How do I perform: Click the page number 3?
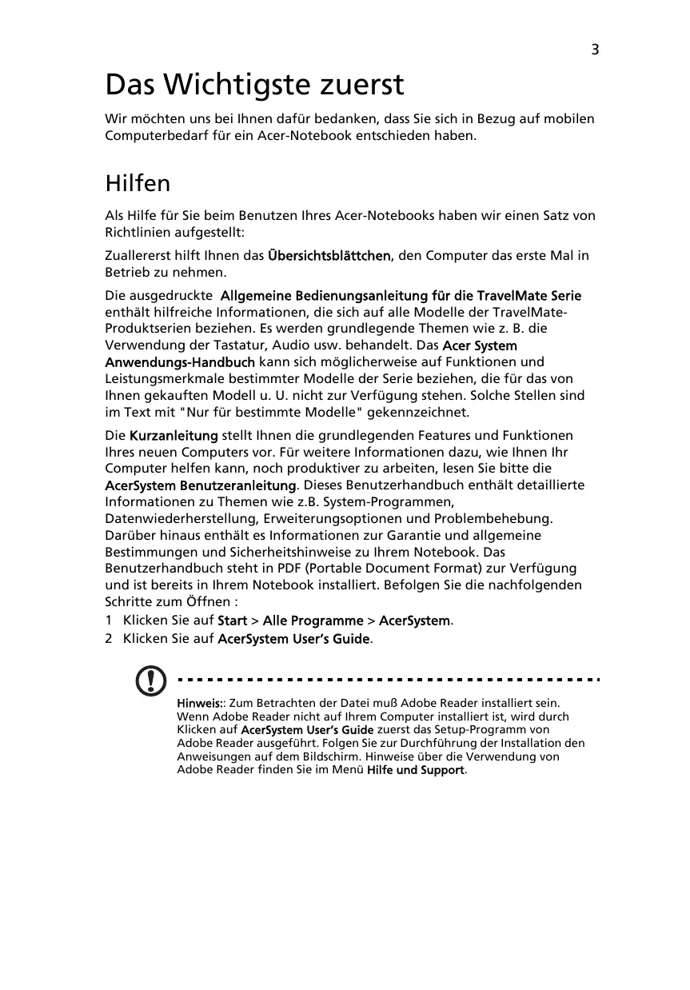[x=595, y=50]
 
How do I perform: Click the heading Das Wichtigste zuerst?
[x=255, y=84]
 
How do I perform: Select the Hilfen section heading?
[x=138, y=183]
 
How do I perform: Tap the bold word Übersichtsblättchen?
[x=329, y=256]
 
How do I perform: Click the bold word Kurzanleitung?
[x=173, y=436]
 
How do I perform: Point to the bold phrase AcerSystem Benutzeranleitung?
[x=201, y=485]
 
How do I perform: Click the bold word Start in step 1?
[x=232, y=621]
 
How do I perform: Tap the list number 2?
[x=110, y=638]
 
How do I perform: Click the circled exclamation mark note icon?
[x=150, y=681]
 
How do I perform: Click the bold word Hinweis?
[x=199, y=704]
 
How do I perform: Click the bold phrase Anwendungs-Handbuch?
[x=181, y=362]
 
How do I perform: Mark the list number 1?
[x=110, y=621]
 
